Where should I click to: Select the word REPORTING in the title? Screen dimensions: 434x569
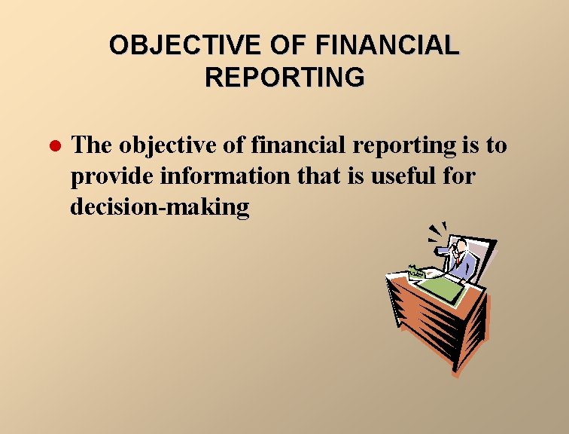[x=284, y=77]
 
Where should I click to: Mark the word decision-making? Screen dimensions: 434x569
[x=160, y=208]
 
